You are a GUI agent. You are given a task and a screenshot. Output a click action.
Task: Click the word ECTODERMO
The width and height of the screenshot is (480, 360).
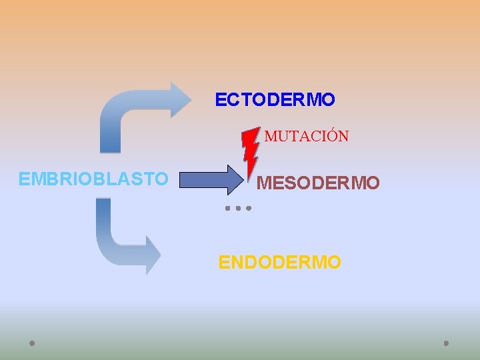click(x=275, y=100)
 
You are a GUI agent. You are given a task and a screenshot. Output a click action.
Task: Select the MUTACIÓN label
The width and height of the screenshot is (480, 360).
click(x=307, y=137)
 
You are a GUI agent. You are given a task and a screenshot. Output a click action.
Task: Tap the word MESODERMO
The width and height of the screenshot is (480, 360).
click(x=318, y=183)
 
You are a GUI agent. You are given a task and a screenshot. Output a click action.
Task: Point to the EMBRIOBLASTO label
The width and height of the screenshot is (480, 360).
click(x=93, y=179)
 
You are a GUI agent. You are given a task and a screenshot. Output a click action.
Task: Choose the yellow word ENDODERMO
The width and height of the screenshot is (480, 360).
click(x=280, y=262)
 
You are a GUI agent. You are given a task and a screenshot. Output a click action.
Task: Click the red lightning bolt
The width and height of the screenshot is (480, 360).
click(x=250, y=151)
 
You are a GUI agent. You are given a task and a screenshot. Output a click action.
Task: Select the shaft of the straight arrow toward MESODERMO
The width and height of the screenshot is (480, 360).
click(x=207, y=180)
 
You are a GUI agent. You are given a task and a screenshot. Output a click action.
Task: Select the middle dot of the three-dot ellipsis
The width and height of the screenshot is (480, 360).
click(x=237, y=208)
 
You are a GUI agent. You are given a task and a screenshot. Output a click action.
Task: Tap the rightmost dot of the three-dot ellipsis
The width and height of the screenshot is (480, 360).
click(x=248, y=208)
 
